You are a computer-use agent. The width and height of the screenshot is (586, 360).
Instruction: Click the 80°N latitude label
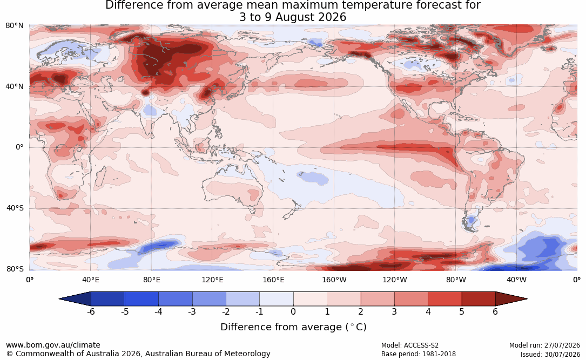pos(15,26)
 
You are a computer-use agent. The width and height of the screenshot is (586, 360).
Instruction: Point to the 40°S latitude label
pos(15,208)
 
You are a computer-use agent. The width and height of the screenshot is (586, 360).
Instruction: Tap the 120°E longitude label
pos(213,280)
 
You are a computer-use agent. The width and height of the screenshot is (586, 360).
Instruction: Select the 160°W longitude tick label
pos(334,280)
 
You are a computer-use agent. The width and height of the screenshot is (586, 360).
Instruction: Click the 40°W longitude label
pos(517,280)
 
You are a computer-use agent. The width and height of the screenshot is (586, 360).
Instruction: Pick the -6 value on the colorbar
pos(91,311)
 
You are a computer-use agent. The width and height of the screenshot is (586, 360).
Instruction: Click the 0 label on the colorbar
pos(293,311)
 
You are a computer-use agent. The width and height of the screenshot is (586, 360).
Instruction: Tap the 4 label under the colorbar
pos(428,311)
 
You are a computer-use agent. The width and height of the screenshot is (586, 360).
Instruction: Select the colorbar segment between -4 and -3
pos(176,299)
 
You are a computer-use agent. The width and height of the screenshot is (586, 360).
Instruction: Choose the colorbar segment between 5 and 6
pos(479,299)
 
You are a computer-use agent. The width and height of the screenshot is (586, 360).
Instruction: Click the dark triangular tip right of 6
pos(511,299)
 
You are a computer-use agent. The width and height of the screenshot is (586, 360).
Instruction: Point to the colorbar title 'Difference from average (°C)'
pos(293,327)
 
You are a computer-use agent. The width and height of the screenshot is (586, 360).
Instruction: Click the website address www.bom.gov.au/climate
pos(53,345)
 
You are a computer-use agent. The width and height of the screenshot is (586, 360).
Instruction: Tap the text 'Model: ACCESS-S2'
pos(410,345)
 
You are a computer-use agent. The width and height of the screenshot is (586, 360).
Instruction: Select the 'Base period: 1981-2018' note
pos(419,354)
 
